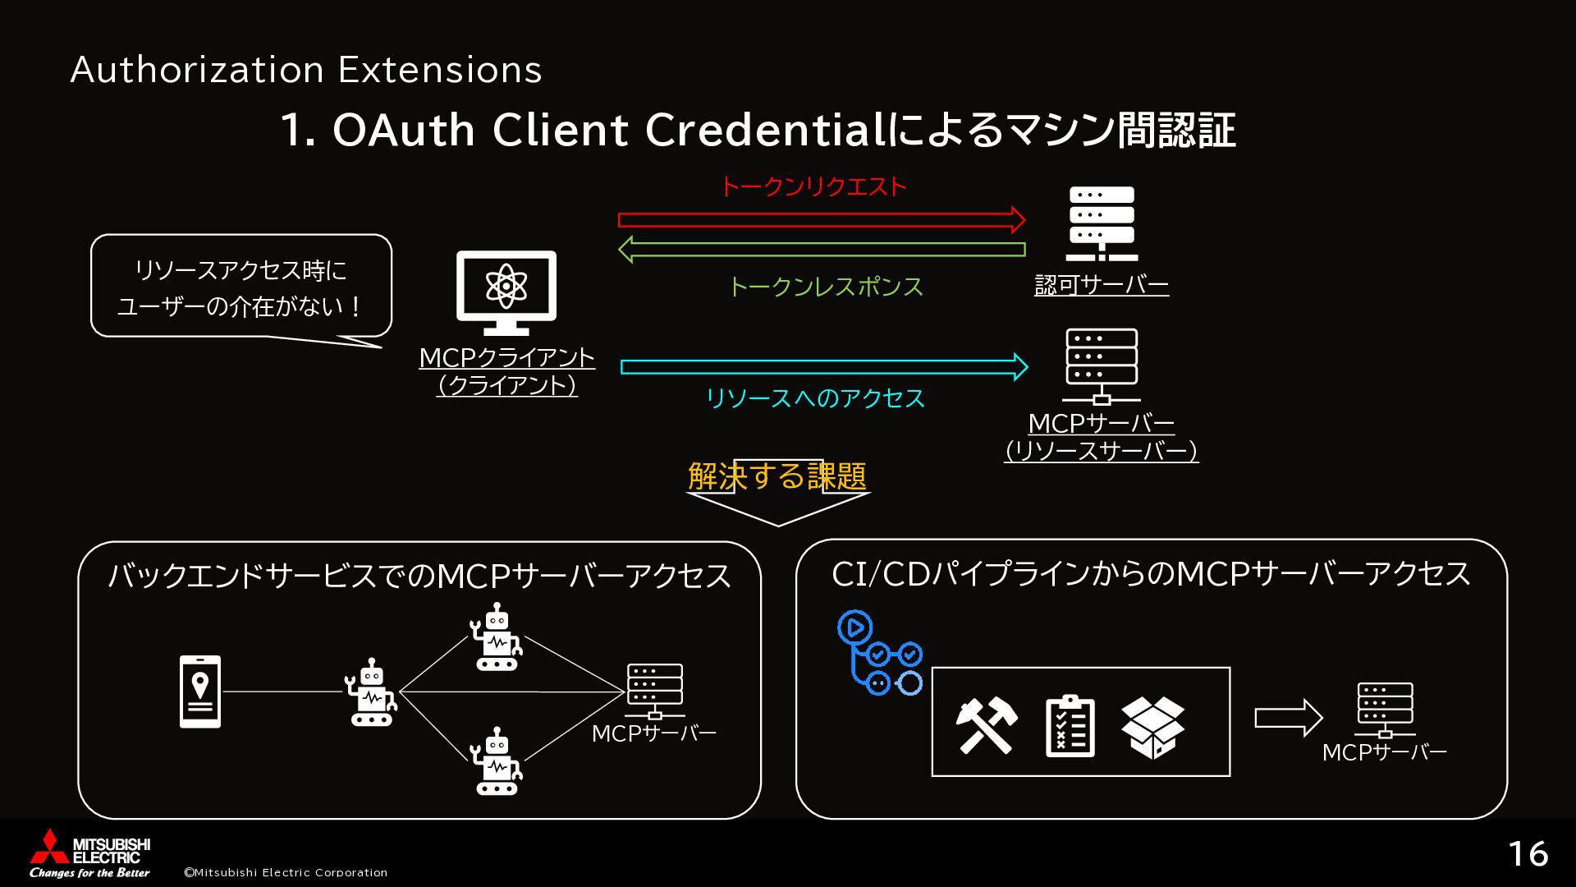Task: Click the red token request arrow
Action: pos(821,219)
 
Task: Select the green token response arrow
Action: pos(821,249)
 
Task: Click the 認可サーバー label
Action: pos(1102,285)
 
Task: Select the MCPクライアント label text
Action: pos(506,358)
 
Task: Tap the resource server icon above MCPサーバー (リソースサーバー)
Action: pos(1102,366)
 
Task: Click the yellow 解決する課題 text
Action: pos(777,476)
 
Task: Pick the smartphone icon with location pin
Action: pos(200,691)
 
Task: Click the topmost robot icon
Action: pos(497,637)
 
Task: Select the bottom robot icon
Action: pos(497,761)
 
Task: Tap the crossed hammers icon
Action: pos(987,724)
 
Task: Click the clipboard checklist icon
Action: pos(1070,725)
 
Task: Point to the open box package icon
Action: pos(1152,727)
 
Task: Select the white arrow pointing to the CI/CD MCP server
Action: pos(1288,718)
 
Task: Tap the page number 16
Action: pos(1528,854)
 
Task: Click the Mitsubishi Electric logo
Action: pos(90,853)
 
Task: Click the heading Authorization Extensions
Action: pos(306,70)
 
